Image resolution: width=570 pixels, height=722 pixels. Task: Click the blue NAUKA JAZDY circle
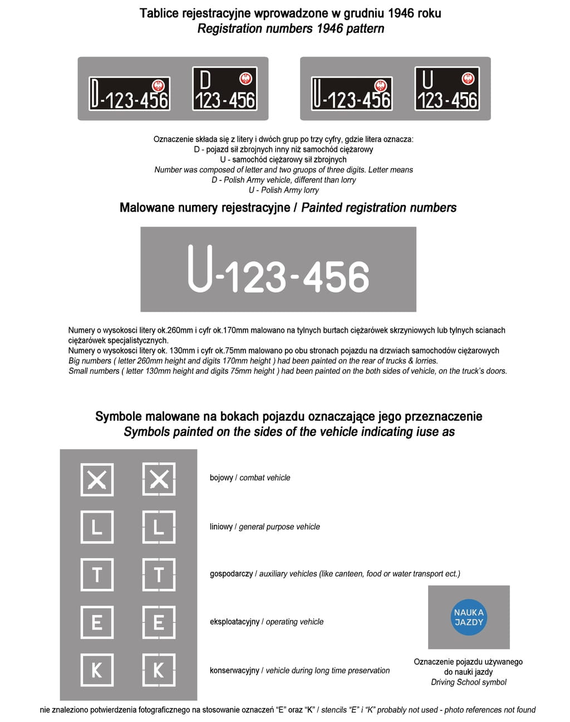click(x=469, y=617)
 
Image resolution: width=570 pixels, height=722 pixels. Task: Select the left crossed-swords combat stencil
click(x=97, y=479)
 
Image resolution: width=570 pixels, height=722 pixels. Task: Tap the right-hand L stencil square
click(x=159, y=527)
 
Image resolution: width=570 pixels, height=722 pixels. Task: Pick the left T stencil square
click(x=97, y=574)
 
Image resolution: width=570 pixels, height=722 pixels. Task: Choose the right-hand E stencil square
click(x=159, y=622)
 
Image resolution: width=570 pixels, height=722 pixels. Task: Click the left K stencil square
click(x=97, y=670)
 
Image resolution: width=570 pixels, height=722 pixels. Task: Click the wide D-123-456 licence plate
click(x=129, y=94)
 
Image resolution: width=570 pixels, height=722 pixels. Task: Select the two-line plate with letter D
click(x=224, y=89)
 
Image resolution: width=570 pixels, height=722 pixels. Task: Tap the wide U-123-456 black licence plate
click(x=352, y=94)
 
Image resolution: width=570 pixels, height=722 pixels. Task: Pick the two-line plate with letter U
click(x=447, y=89)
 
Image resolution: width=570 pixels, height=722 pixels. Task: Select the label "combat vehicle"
click(x=265, y=478)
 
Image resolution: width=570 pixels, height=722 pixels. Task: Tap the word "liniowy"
click(x=221, y=527)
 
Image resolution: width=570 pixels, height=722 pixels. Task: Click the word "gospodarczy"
click(x=231, y=574)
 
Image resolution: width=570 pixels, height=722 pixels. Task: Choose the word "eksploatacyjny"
click(x=234, y=622)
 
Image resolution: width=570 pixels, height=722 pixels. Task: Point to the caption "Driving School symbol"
click(x=469, y=682)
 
